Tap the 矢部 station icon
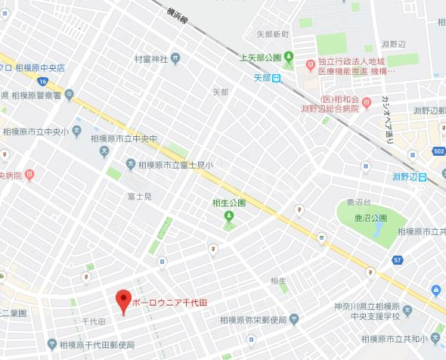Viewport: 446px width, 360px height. tap(278, 77)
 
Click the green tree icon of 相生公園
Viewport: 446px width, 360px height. tap(228, 219)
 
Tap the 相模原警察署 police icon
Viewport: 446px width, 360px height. tap(70, 95)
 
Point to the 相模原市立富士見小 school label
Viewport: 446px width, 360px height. tap(175, 164)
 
